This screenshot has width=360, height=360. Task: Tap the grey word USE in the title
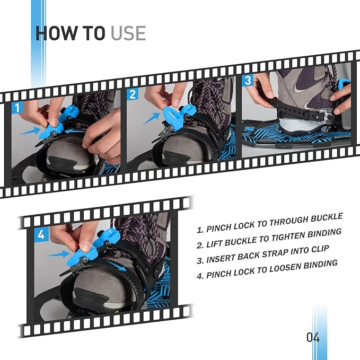click(x=128, y=33)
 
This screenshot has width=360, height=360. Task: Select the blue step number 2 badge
click(x=133, y=94)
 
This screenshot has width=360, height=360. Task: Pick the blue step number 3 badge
click(x=248, y=81)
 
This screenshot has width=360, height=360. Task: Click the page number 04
click(x=313, y=337)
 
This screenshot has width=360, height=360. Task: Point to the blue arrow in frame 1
click(x=31, y=129)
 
